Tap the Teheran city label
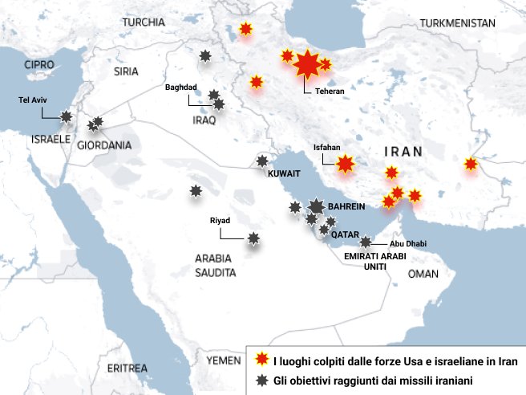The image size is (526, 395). (330, 92)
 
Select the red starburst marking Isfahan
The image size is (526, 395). (346, 165)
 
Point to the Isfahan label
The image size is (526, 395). (326, 148)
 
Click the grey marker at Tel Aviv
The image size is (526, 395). (67, 116)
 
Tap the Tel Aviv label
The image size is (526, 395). (34, 101)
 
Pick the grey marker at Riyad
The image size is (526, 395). (254, 238)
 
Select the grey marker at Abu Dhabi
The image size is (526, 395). (366, 242)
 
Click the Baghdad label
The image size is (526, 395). (181, 87)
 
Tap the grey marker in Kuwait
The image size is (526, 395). (262, 161)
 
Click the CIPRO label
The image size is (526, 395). (39, 63)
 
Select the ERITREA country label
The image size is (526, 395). (127, 368)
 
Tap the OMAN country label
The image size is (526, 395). (423, 274)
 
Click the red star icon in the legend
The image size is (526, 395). (260, 360)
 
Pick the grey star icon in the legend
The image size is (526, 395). (260, 380)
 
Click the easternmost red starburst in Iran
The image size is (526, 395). (471, 165)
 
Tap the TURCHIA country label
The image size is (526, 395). (144, 22)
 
